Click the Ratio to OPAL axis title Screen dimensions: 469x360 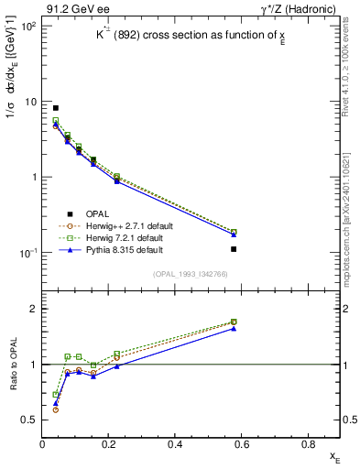pos(14,365)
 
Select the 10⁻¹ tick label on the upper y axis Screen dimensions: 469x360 pos(27,253)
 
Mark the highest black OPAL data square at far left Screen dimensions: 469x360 pos(56,108)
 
